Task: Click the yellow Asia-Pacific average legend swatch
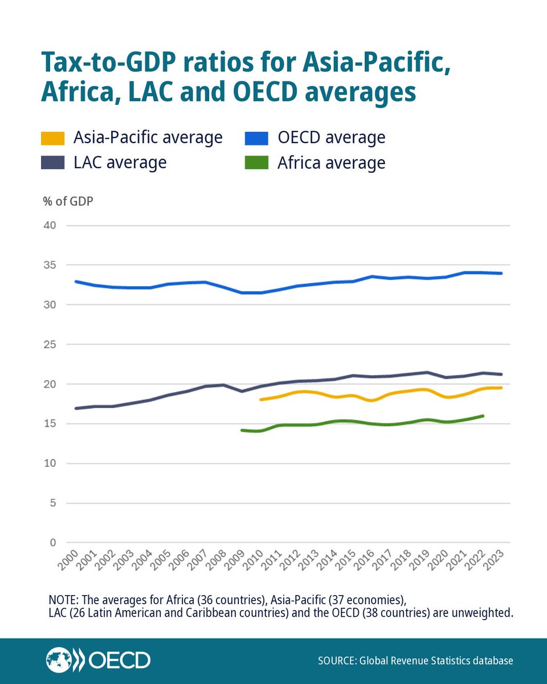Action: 51,138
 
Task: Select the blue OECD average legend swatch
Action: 255,138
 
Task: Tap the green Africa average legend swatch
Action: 255,163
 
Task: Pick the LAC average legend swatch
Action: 51,163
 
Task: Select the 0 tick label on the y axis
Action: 52,543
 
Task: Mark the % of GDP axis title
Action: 68,201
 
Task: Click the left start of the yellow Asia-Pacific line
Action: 260,400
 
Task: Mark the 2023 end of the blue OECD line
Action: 501,274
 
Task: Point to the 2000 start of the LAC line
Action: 76,408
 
